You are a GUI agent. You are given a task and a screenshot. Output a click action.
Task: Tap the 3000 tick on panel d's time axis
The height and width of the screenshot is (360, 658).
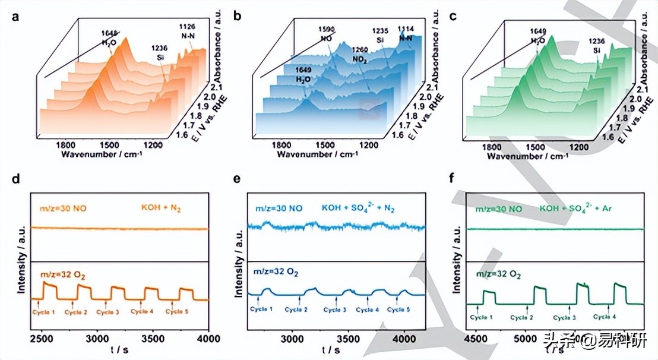[x=97, y=337]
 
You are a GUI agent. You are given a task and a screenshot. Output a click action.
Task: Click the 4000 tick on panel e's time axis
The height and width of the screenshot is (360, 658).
[x=403, y=338]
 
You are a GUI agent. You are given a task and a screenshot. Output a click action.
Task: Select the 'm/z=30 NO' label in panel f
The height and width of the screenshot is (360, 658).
[x=498, y=209]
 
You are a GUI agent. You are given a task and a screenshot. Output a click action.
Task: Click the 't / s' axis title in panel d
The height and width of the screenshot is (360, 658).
[x=123, y=350]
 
